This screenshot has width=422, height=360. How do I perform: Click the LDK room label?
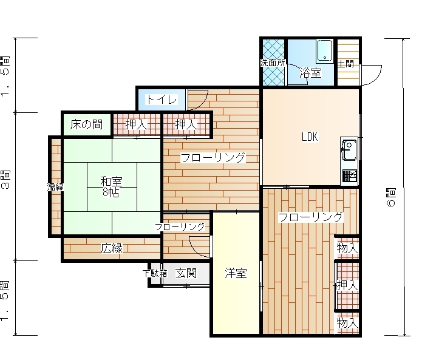click(310, 137)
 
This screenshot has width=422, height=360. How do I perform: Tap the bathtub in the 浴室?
click(325, 50)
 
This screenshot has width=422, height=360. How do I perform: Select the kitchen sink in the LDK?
click(349, 151)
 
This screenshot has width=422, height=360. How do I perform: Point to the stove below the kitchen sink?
click(350, 176)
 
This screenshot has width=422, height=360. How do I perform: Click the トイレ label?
click(162, 100)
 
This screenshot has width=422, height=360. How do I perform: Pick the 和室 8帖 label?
click(111, 187)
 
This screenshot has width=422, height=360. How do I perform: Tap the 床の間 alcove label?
click(86, 124)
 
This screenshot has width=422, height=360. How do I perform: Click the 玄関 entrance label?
click(186, 273)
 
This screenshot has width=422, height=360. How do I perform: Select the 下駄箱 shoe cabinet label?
click(155, 273)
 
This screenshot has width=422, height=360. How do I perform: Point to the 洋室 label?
click(236, 273)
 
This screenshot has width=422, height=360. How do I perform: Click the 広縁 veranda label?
click(112, 248)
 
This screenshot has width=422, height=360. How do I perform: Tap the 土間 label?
click(345, 64)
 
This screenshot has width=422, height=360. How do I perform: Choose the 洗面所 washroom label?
click(273, 63)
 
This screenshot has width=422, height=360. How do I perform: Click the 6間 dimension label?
click(391, 197)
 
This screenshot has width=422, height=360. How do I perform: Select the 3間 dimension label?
click(5, 180)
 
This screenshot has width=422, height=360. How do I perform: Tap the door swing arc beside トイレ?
click(202, 103)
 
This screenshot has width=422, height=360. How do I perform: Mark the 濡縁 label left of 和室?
click(55, 187)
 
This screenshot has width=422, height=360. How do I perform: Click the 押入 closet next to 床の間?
click(137, 124)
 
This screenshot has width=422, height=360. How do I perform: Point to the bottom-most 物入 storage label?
click(347, 322)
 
